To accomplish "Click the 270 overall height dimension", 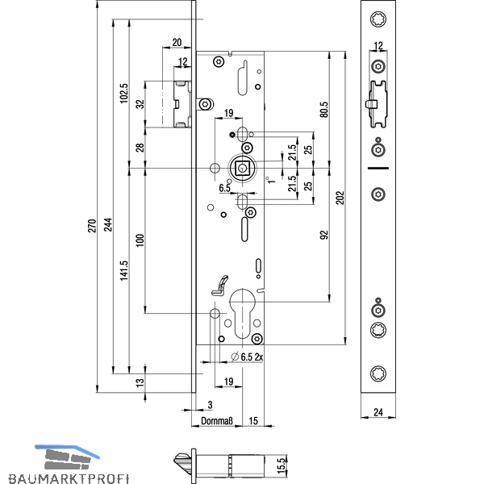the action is pyautogui.click(x=92, y=226).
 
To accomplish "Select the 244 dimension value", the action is pyautogui.click(x=108, y=225).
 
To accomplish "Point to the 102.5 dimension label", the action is pyautogui.click(x=123, y=94).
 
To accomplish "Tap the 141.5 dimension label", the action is pyautogui.click(x=123, y=270).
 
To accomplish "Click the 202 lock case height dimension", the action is pyautogui.click(x=340, y=198).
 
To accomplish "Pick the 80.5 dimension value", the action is pyautogui.click(x=324, y=110).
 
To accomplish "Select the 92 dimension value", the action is pyautogui.click(x=324, y=235).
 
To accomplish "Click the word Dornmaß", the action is pyautogui.click(x=217, y=421).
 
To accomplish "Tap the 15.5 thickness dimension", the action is pyautogui.click(x=282, y=465).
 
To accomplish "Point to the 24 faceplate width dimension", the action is pyautogui.click(x=378, y=412).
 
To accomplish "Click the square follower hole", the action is pyautogui.click(x=241, y=169).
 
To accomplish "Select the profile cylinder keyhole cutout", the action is pyautogui.click(x=242, y=313).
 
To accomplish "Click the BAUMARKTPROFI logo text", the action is pyautogui.click(x=69, y=478).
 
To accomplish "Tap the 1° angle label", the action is pyautogui.click(x=271, y=180).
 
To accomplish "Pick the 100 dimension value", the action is pyautogui.click(x=140, y=240).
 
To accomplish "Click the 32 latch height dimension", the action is pyautogui.click(x=140, y=104).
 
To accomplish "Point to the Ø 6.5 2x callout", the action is pyautogui.click(x=247, y=357).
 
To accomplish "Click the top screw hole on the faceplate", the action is pyautogui.click(x=378, y=19).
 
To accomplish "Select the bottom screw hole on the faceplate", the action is pyautogui.click(x=378, y=373).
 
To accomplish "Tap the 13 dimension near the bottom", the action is pyautogui.click(x=140, y=382).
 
